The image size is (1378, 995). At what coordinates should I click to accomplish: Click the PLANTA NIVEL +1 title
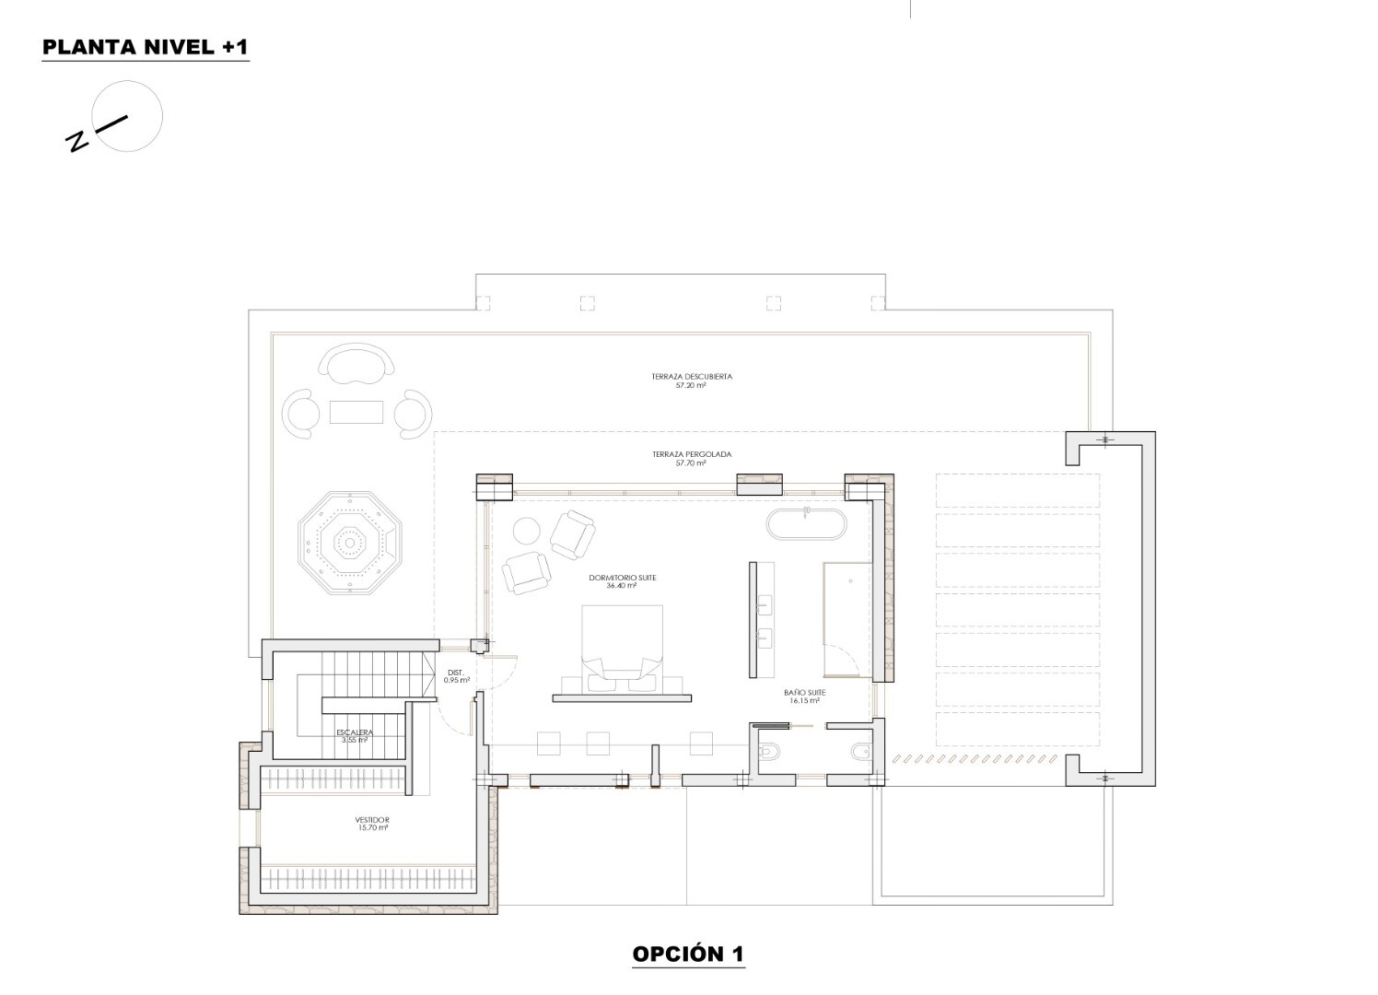pos(146,48)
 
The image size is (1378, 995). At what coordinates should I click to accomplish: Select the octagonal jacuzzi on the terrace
pos(350,543)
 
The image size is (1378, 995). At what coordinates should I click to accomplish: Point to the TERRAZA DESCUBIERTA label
pos(692,377)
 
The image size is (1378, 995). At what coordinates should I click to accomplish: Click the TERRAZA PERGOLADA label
pos(692,454)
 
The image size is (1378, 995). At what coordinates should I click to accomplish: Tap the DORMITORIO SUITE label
pos(622,578)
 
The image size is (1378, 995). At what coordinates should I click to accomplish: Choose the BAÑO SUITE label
pos(805,692)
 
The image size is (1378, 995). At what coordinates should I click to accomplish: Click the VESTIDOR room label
pos(372,820)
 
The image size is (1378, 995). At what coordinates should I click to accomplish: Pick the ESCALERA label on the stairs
pos(355,732)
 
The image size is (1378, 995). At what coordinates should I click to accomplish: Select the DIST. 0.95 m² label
pos(456,676)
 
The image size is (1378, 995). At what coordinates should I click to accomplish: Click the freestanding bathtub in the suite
pos(806,525)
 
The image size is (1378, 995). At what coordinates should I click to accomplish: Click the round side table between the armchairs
pos(527,531)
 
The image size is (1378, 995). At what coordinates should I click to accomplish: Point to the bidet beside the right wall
pos(861,751)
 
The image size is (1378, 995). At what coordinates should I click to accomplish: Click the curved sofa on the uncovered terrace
pos(356,364)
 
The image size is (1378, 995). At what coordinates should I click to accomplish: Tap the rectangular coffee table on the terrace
pos(356,412)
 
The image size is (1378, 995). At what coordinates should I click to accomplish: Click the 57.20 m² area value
pos(691,385)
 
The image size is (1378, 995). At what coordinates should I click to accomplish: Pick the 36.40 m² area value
pos(622,586)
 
